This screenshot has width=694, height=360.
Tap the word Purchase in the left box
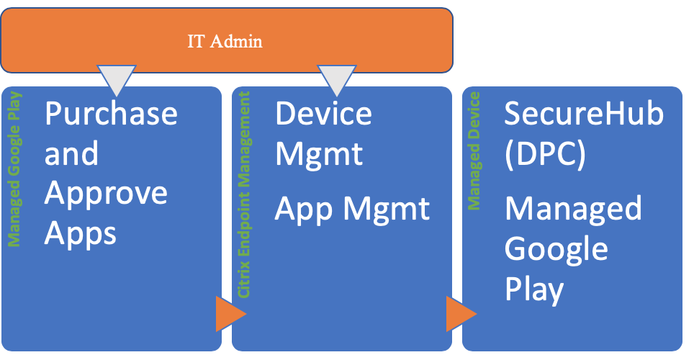(x=111, y=114)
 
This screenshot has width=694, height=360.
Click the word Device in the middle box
(x=324, y=114)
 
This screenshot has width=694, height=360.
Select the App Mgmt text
(x=353, y=209)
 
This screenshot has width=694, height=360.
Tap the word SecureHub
(x=582, y=114)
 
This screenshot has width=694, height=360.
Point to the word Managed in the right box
(x=572, y=209)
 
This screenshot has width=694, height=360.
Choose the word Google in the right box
(x=556, y=249)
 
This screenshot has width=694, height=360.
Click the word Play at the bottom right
(x=533, y=289)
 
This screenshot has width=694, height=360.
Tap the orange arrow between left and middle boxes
(x=230, y=314)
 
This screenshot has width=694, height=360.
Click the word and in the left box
(x=71, y=154)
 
